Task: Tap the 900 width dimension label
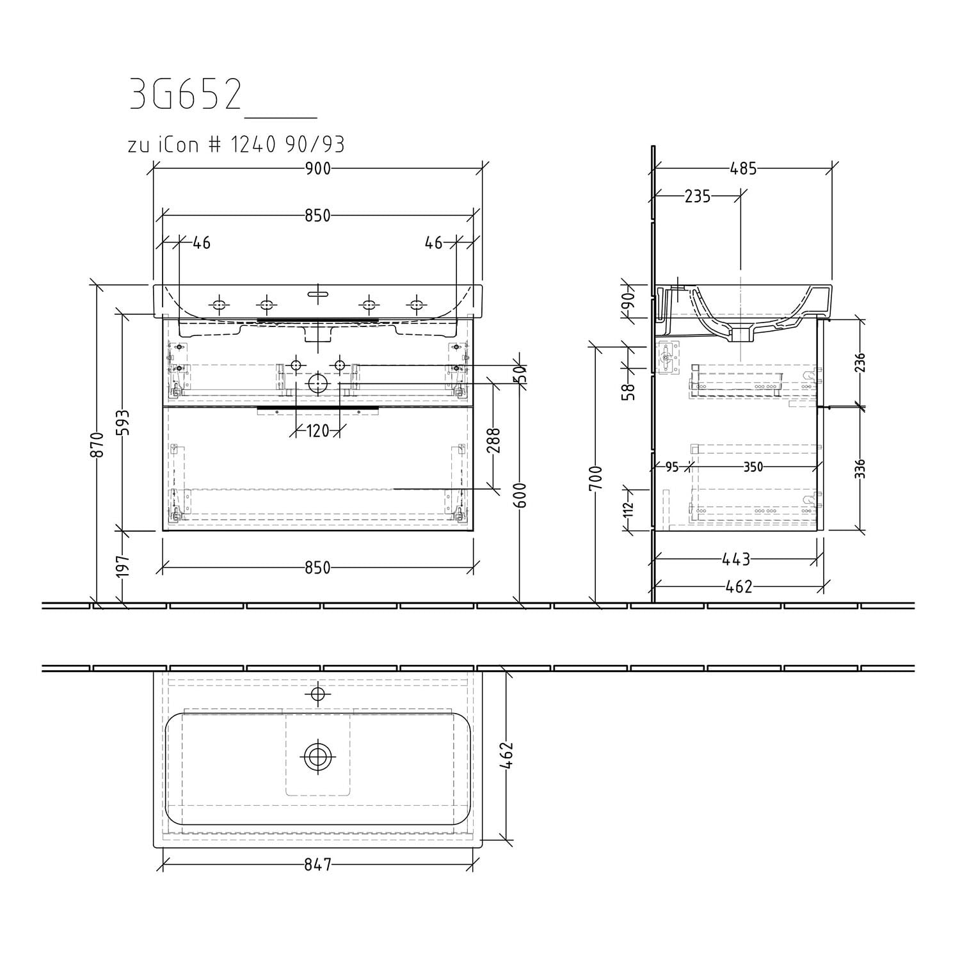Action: (x=317, y=168)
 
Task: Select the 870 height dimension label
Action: (x=98, y=444)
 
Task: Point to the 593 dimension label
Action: (x=122, y=422)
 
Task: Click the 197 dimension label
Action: (x=122, y=566)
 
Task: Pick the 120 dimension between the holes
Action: (x=317, y=431)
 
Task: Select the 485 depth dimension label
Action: (x=743, y=168)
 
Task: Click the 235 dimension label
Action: (x=698, y=196)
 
